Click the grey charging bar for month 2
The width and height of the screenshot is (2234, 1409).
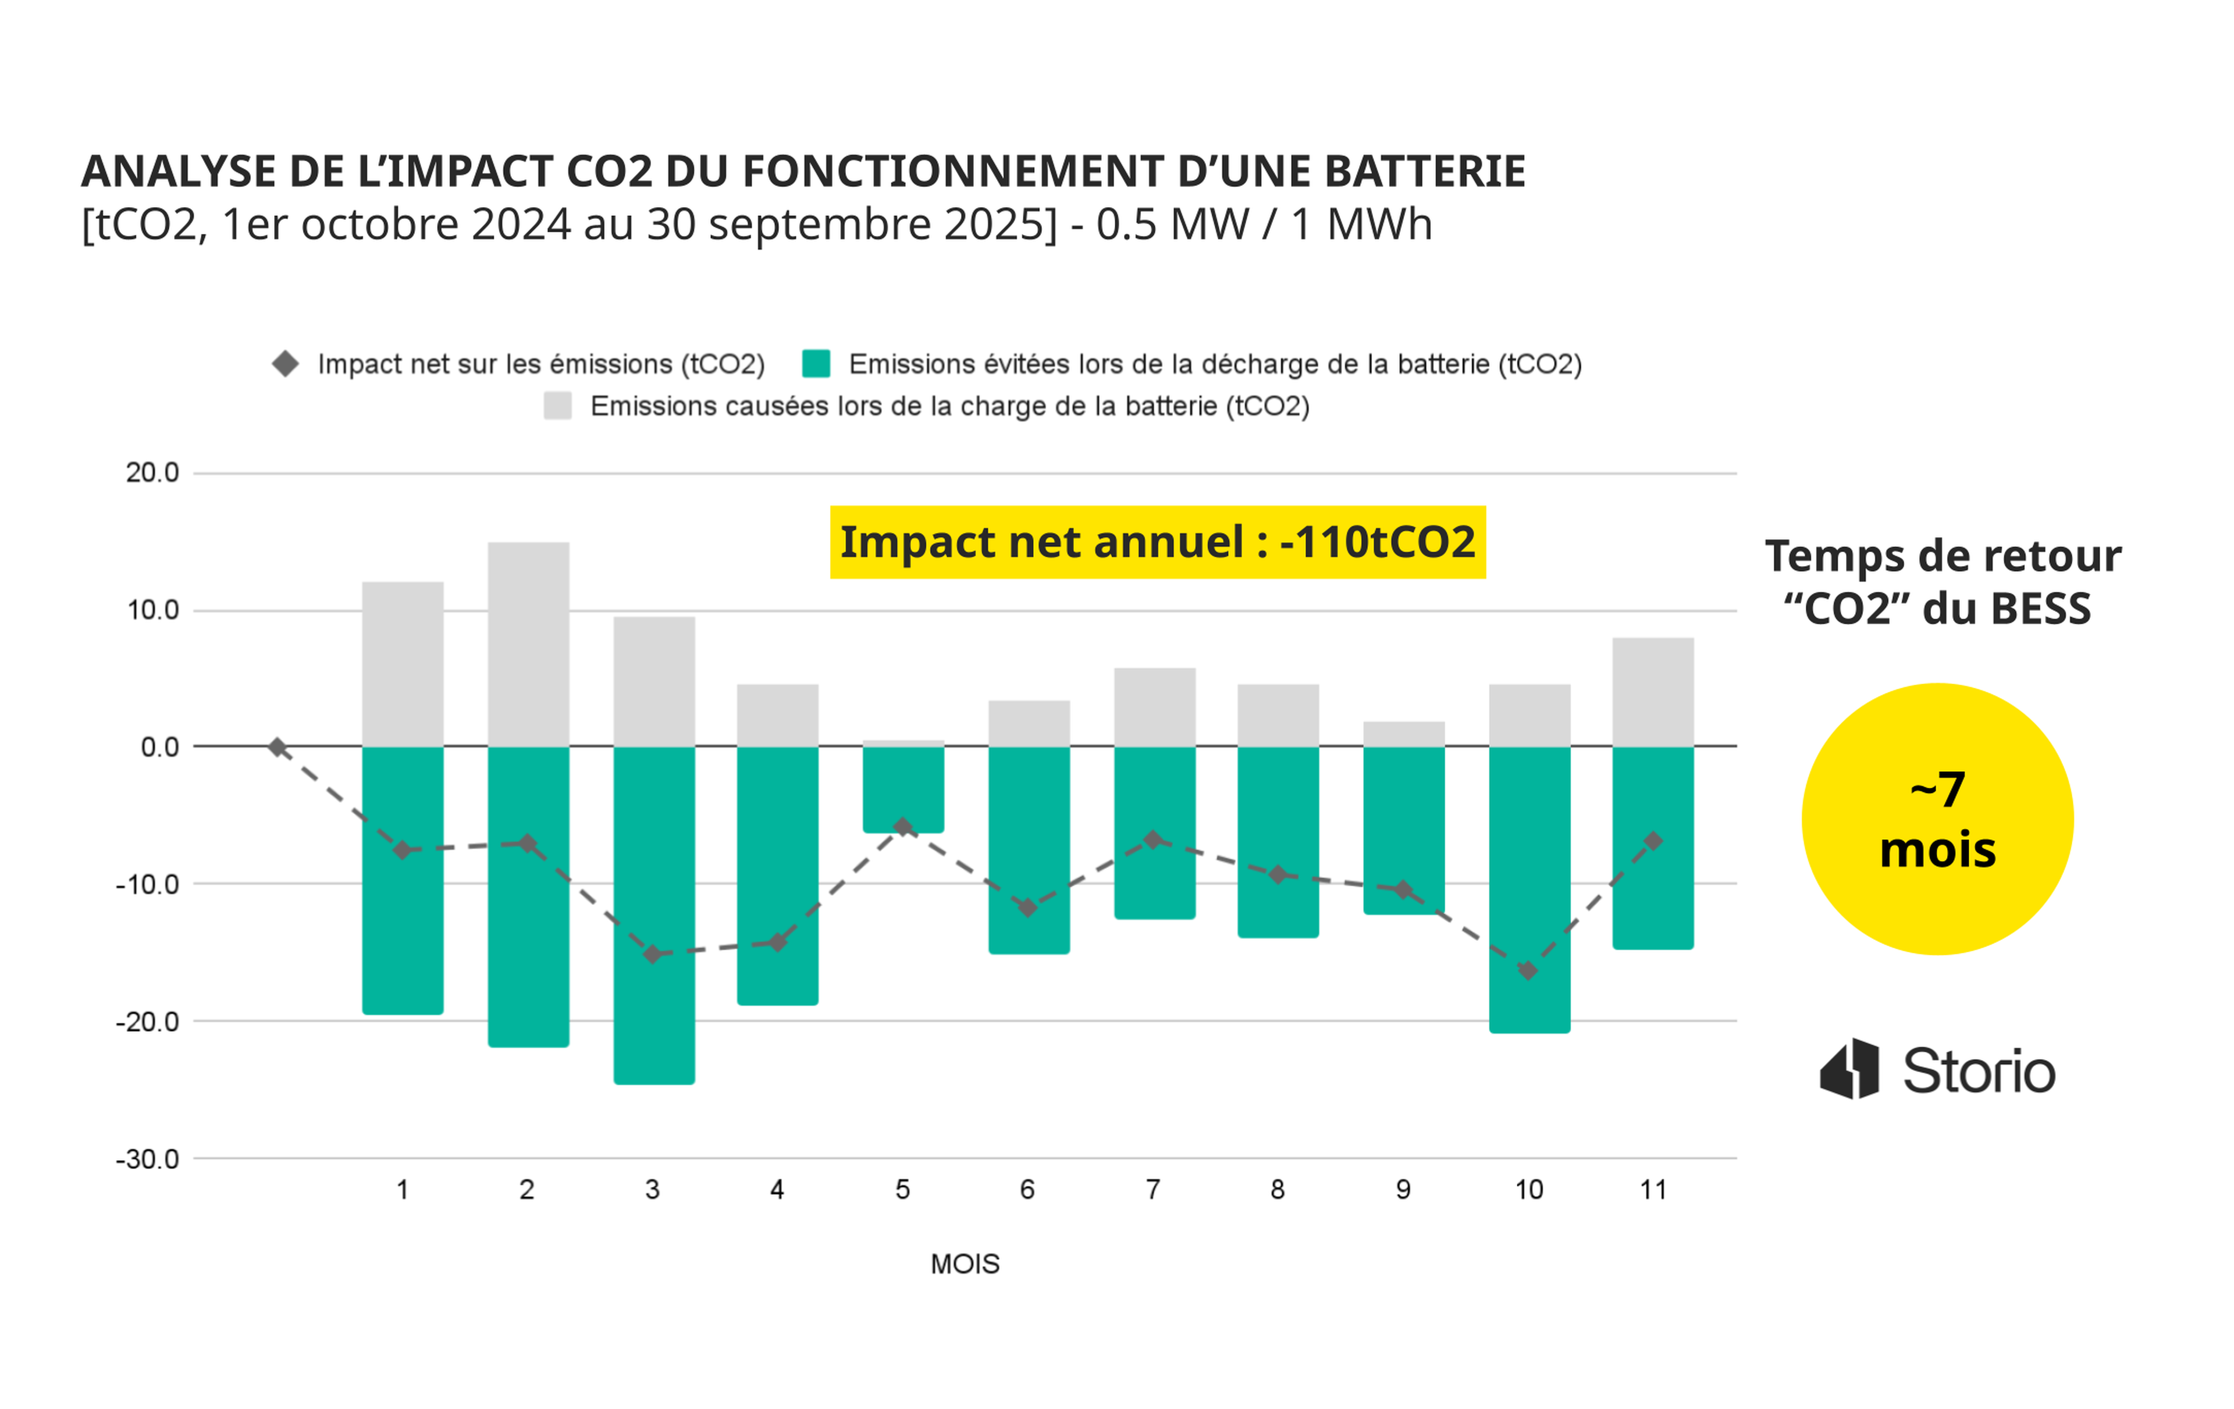point(528,644)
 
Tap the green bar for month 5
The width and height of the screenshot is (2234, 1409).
point(903,789)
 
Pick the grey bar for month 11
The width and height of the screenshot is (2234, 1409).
point(1653,692)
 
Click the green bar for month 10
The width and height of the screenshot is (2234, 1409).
point(1530,889)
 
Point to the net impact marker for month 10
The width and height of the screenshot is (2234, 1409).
point(1528,970)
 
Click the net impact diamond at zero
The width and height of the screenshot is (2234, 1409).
point(278,747)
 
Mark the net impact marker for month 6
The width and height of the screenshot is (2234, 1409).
point(1028,907)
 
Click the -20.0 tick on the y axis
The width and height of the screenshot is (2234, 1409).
point(148,1022)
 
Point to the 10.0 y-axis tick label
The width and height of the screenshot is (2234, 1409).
point(153,610)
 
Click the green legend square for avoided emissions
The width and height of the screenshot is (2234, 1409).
point(816,364)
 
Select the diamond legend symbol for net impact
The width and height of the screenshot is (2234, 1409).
point(286,364)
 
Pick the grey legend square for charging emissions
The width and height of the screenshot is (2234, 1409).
point(557,405)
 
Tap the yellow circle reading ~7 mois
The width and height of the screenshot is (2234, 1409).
point(1938,819)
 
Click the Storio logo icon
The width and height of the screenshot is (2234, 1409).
point(1850,1069)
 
